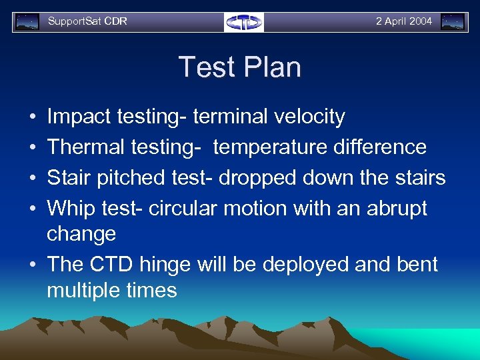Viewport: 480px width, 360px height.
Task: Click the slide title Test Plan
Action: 239,67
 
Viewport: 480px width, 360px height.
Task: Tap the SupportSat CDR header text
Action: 87,21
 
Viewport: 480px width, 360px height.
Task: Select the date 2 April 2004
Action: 403,21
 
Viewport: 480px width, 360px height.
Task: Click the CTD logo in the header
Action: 244,22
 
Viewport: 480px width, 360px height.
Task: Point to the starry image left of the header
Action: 27,22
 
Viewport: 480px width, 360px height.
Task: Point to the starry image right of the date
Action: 453,22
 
